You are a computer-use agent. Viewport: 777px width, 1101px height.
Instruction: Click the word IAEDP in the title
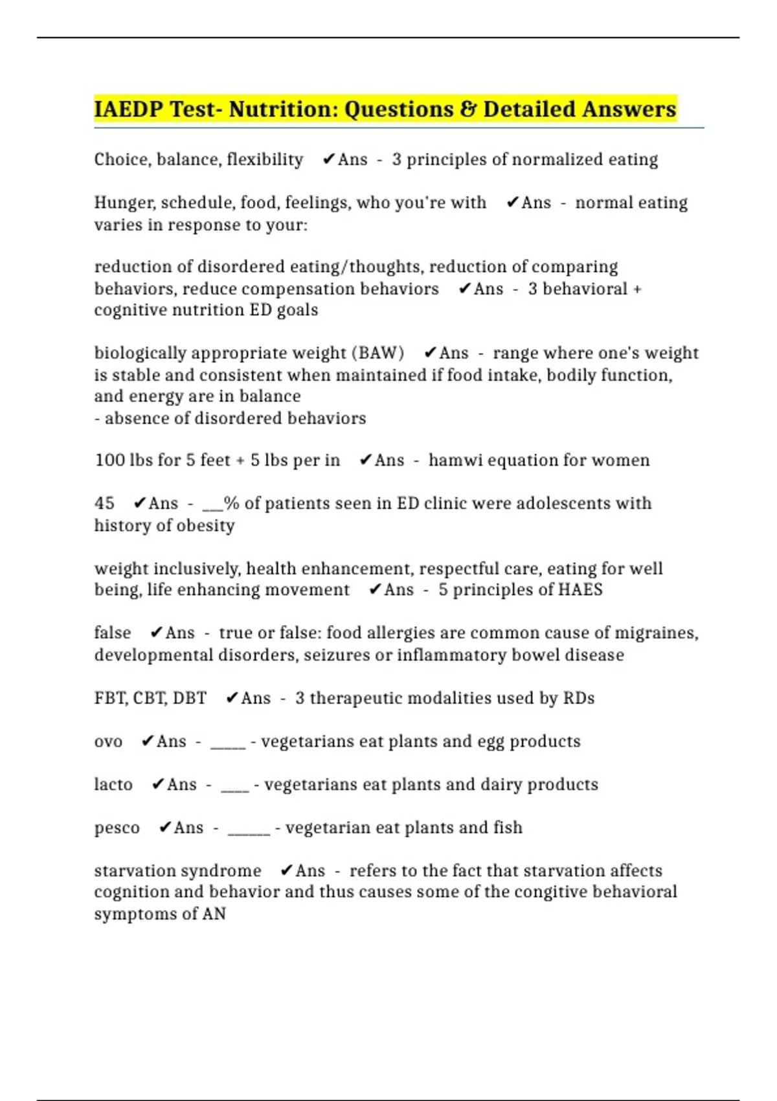128,109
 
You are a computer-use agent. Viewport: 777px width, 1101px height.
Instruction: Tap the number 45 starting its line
104,503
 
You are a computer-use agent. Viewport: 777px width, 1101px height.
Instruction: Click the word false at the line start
113,633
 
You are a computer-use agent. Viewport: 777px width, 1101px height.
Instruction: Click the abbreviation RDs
579,698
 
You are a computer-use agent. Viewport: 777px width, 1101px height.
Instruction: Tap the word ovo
108,742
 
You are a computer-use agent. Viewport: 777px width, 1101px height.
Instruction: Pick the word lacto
113,785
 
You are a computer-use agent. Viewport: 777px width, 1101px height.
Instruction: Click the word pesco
117,828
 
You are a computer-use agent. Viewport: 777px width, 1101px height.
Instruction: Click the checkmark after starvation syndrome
287,870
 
